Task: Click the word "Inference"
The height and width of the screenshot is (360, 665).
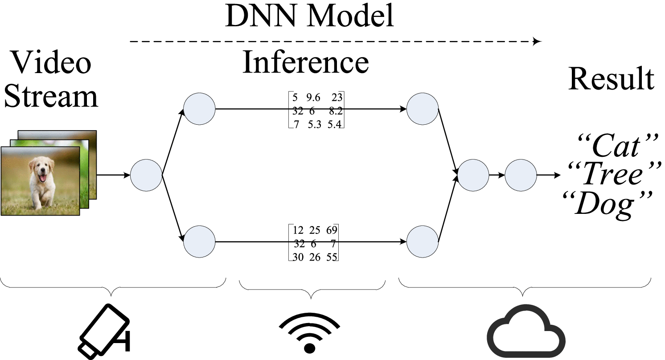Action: coord(306,62)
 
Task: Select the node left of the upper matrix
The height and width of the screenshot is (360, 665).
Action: coord(199,109)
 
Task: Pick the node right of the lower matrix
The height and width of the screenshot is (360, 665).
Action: coord(423,242)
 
